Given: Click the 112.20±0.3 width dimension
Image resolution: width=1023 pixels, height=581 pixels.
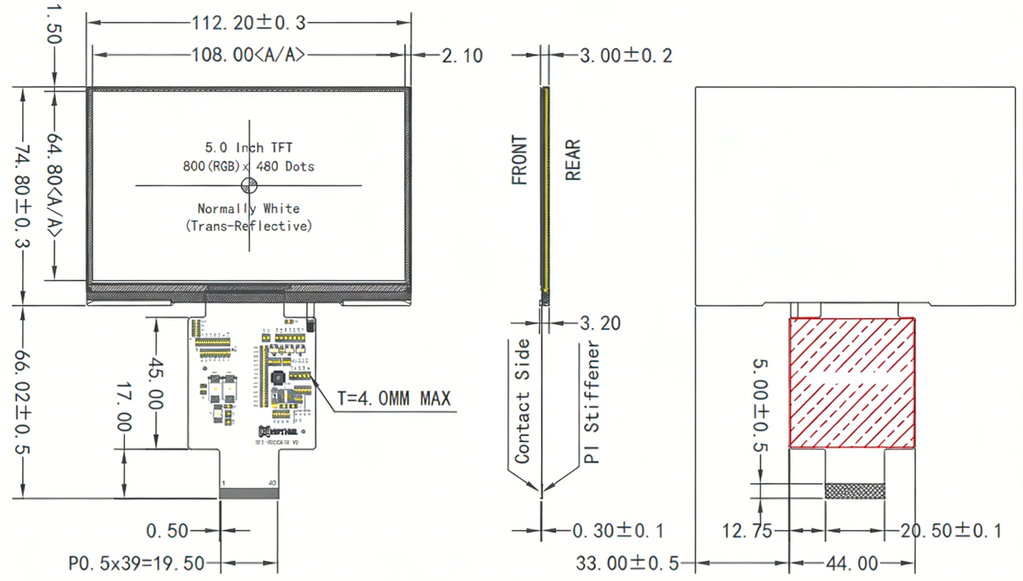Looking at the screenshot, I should [248, 23].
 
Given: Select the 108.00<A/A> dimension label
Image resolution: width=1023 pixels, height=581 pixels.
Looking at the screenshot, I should [248, 55].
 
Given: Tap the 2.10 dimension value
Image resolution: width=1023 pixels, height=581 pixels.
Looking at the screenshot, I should [462, 56].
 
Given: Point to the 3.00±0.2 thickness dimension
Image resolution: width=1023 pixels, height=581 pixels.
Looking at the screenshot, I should [626, 55].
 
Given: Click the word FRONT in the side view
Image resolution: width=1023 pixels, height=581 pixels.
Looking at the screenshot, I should [519, 160].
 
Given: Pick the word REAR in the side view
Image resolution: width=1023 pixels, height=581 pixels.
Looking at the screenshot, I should [573, 160].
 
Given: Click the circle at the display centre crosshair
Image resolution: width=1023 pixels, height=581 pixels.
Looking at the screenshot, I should [249, 186].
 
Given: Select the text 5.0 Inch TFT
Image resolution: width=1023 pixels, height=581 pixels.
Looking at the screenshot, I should [248, 147].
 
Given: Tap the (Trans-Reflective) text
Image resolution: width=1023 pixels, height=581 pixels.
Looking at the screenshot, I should [248, 226].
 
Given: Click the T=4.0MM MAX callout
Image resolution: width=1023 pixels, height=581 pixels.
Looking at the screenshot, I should [394, 399].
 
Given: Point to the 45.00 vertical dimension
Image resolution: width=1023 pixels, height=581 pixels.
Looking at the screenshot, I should [156, 384].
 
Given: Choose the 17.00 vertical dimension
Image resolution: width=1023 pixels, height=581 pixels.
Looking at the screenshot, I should [124, 407].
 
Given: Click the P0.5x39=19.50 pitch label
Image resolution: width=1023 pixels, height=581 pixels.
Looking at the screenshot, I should [136, 564].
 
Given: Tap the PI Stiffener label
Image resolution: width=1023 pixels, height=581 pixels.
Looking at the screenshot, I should [591, 402].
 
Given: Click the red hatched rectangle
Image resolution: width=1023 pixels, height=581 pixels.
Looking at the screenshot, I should [852, 383].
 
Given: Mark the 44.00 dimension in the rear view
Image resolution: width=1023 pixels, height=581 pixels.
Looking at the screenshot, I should [852, 564].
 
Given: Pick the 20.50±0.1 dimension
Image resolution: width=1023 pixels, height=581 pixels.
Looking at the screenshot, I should [950, 531].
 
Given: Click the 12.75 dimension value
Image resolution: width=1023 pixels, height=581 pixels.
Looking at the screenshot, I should [747, 531].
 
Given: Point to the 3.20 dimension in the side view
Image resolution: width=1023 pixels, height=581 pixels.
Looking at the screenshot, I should [600, 323].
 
